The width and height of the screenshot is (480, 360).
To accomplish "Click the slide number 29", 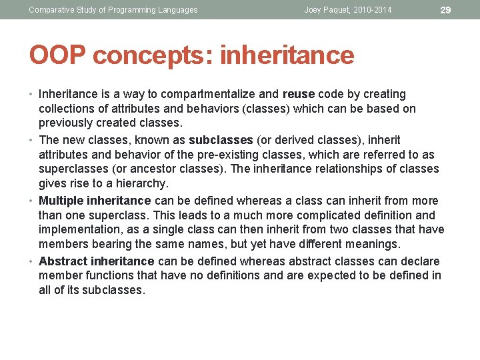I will pos(447,10).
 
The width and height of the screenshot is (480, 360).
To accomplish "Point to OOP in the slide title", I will pos(57,55).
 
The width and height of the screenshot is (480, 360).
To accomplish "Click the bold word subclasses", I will pos(221,140).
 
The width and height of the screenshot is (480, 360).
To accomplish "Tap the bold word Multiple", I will pos(61,201).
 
